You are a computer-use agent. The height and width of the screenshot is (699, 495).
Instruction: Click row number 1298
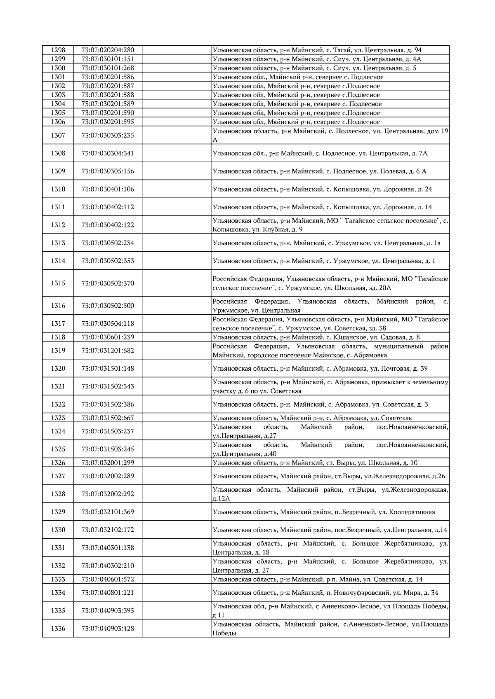point(58,50)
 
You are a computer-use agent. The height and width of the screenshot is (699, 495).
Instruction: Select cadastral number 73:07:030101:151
point(108,59)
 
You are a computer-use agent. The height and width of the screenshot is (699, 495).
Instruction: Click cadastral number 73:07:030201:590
point(108,113)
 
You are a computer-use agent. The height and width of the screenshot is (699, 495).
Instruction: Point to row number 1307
point(58,135)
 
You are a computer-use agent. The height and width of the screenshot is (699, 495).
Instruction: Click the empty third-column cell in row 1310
point(177,189)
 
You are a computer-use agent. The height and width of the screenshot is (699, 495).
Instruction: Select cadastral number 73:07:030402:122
point(108,225)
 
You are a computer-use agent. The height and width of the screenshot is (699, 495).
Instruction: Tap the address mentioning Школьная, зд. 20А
point(330,283)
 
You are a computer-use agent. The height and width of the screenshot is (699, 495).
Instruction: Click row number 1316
point(58,306)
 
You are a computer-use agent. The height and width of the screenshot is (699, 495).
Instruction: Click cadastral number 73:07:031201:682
point(108,351)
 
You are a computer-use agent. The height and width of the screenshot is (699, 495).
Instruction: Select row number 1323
point(58,418)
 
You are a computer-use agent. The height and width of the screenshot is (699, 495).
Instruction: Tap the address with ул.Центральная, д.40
point(330,449)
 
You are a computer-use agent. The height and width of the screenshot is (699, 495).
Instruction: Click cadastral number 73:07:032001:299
point(108,463)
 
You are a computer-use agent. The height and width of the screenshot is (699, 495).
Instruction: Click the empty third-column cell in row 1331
point(177,548)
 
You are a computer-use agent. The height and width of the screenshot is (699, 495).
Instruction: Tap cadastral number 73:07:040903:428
point(108,629)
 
